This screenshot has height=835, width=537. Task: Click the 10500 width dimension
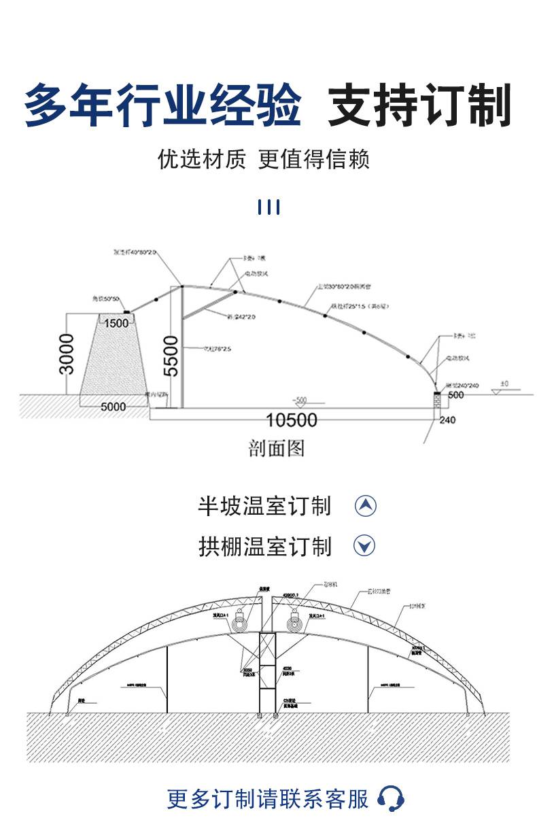point(291,420)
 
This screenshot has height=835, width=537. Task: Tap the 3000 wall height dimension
point(67,354)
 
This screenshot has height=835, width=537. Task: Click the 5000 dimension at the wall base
point(114,407)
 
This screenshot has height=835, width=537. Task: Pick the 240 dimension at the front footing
point(447,420)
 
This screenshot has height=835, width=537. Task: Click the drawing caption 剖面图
point(277,448)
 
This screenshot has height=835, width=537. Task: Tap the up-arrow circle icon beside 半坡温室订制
point(366,506)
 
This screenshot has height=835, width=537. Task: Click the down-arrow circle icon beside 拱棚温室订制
point(366,545)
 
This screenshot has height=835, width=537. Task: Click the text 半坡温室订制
point(264,507)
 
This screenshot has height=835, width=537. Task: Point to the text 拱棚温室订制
point(264,546)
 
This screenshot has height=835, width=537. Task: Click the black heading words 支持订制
point(419,106)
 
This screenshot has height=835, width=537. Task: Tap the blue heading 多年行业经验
point(162,106)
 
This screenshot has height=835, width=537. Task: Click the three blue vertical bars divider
point(269,207)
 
